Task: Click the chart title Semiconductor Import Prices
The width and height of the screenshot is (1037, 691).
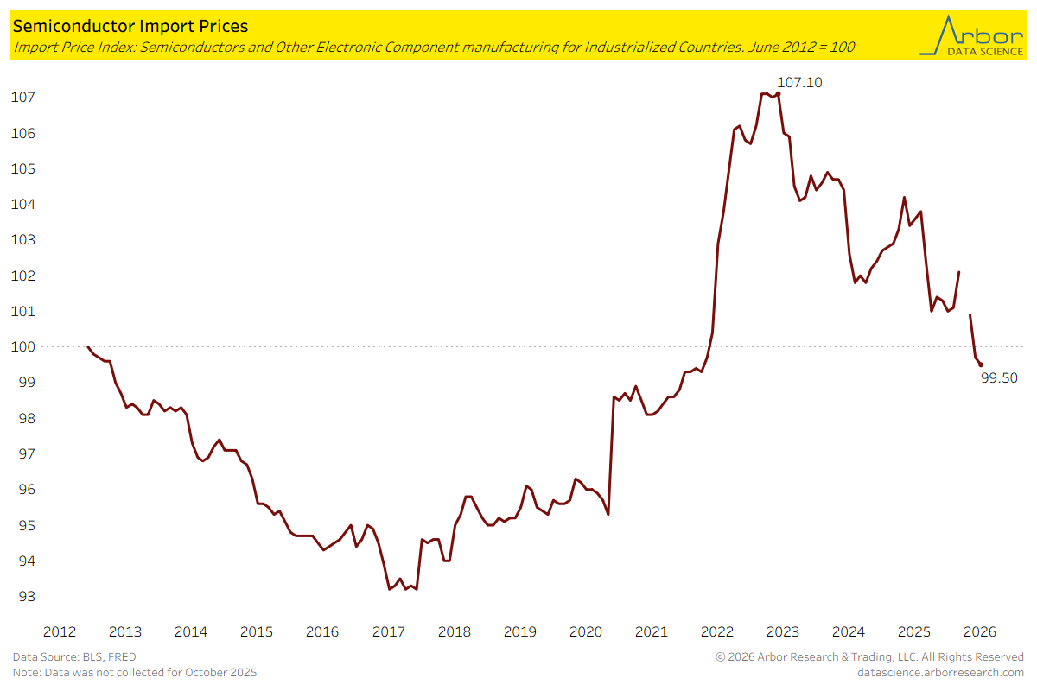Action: point(130,27)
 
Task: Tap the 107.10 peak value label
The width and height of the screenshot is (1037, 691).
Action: point(800,83)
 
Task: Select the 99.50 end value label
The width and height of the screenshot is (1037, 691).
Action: point(999,377)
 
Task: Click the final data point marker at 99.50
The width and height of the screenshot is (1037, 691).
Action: point(980,365)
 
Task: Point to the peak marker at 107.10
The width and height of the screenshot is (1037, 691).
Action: point(778,93)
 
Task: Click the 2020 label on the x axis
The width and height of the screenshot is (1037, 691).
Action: point(586,631)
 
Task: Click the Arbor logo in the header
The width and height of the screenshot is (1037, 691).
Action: point(970,35)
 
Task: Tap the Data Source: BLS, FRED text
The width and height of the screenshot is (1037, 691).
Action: point(74,657)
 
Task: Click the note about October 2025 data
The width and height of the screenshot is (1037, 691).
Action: point(134,672)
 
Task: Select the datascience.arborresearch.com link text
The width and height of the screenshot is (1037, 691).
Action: point(940,672)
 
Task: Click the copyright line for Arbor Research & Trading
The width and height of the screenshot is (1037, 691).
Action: point(869,657)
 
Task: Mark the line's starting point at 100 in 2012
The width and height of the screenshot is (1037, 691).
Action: point(88,346)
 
